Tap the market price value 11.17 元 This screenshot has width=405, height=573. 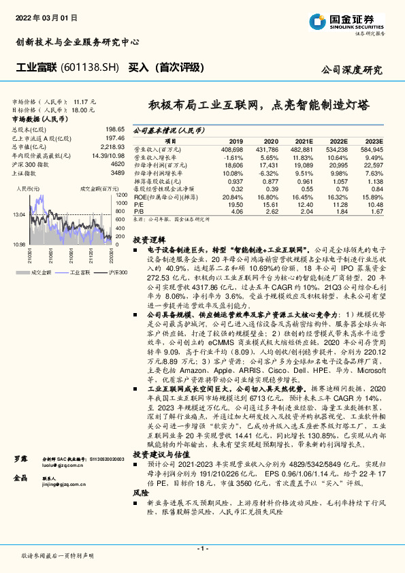(x=85, y=101)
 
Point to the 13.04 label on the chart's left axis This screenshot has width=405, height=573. (x=19, y=214)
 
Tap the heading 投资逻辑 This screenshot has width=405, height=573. (x=148, y=240)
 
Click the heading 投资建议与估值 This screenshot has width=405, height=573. (x=161, y=435)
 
